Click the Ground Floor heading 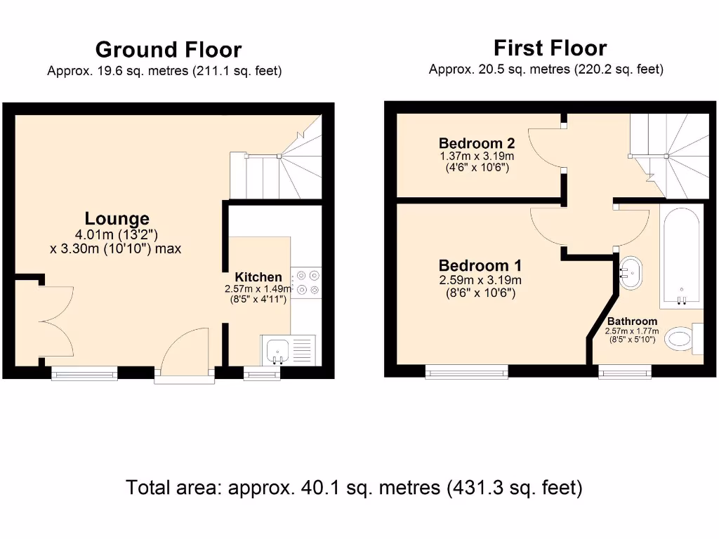tap(169, 50)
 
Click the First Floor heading tap(550, 48)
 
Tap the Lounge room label tap(117, 218)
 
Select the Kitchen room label tap(258, 277)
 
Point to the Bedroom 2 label tap(477, 144)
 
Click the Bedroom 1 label tap(480, 266)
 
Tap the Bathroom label tap(632, 321)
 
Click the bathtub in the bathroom tap(681, 256)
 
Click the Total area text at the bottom tap(354, 487)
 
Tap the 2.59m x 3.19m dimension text tap(480, 280)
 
